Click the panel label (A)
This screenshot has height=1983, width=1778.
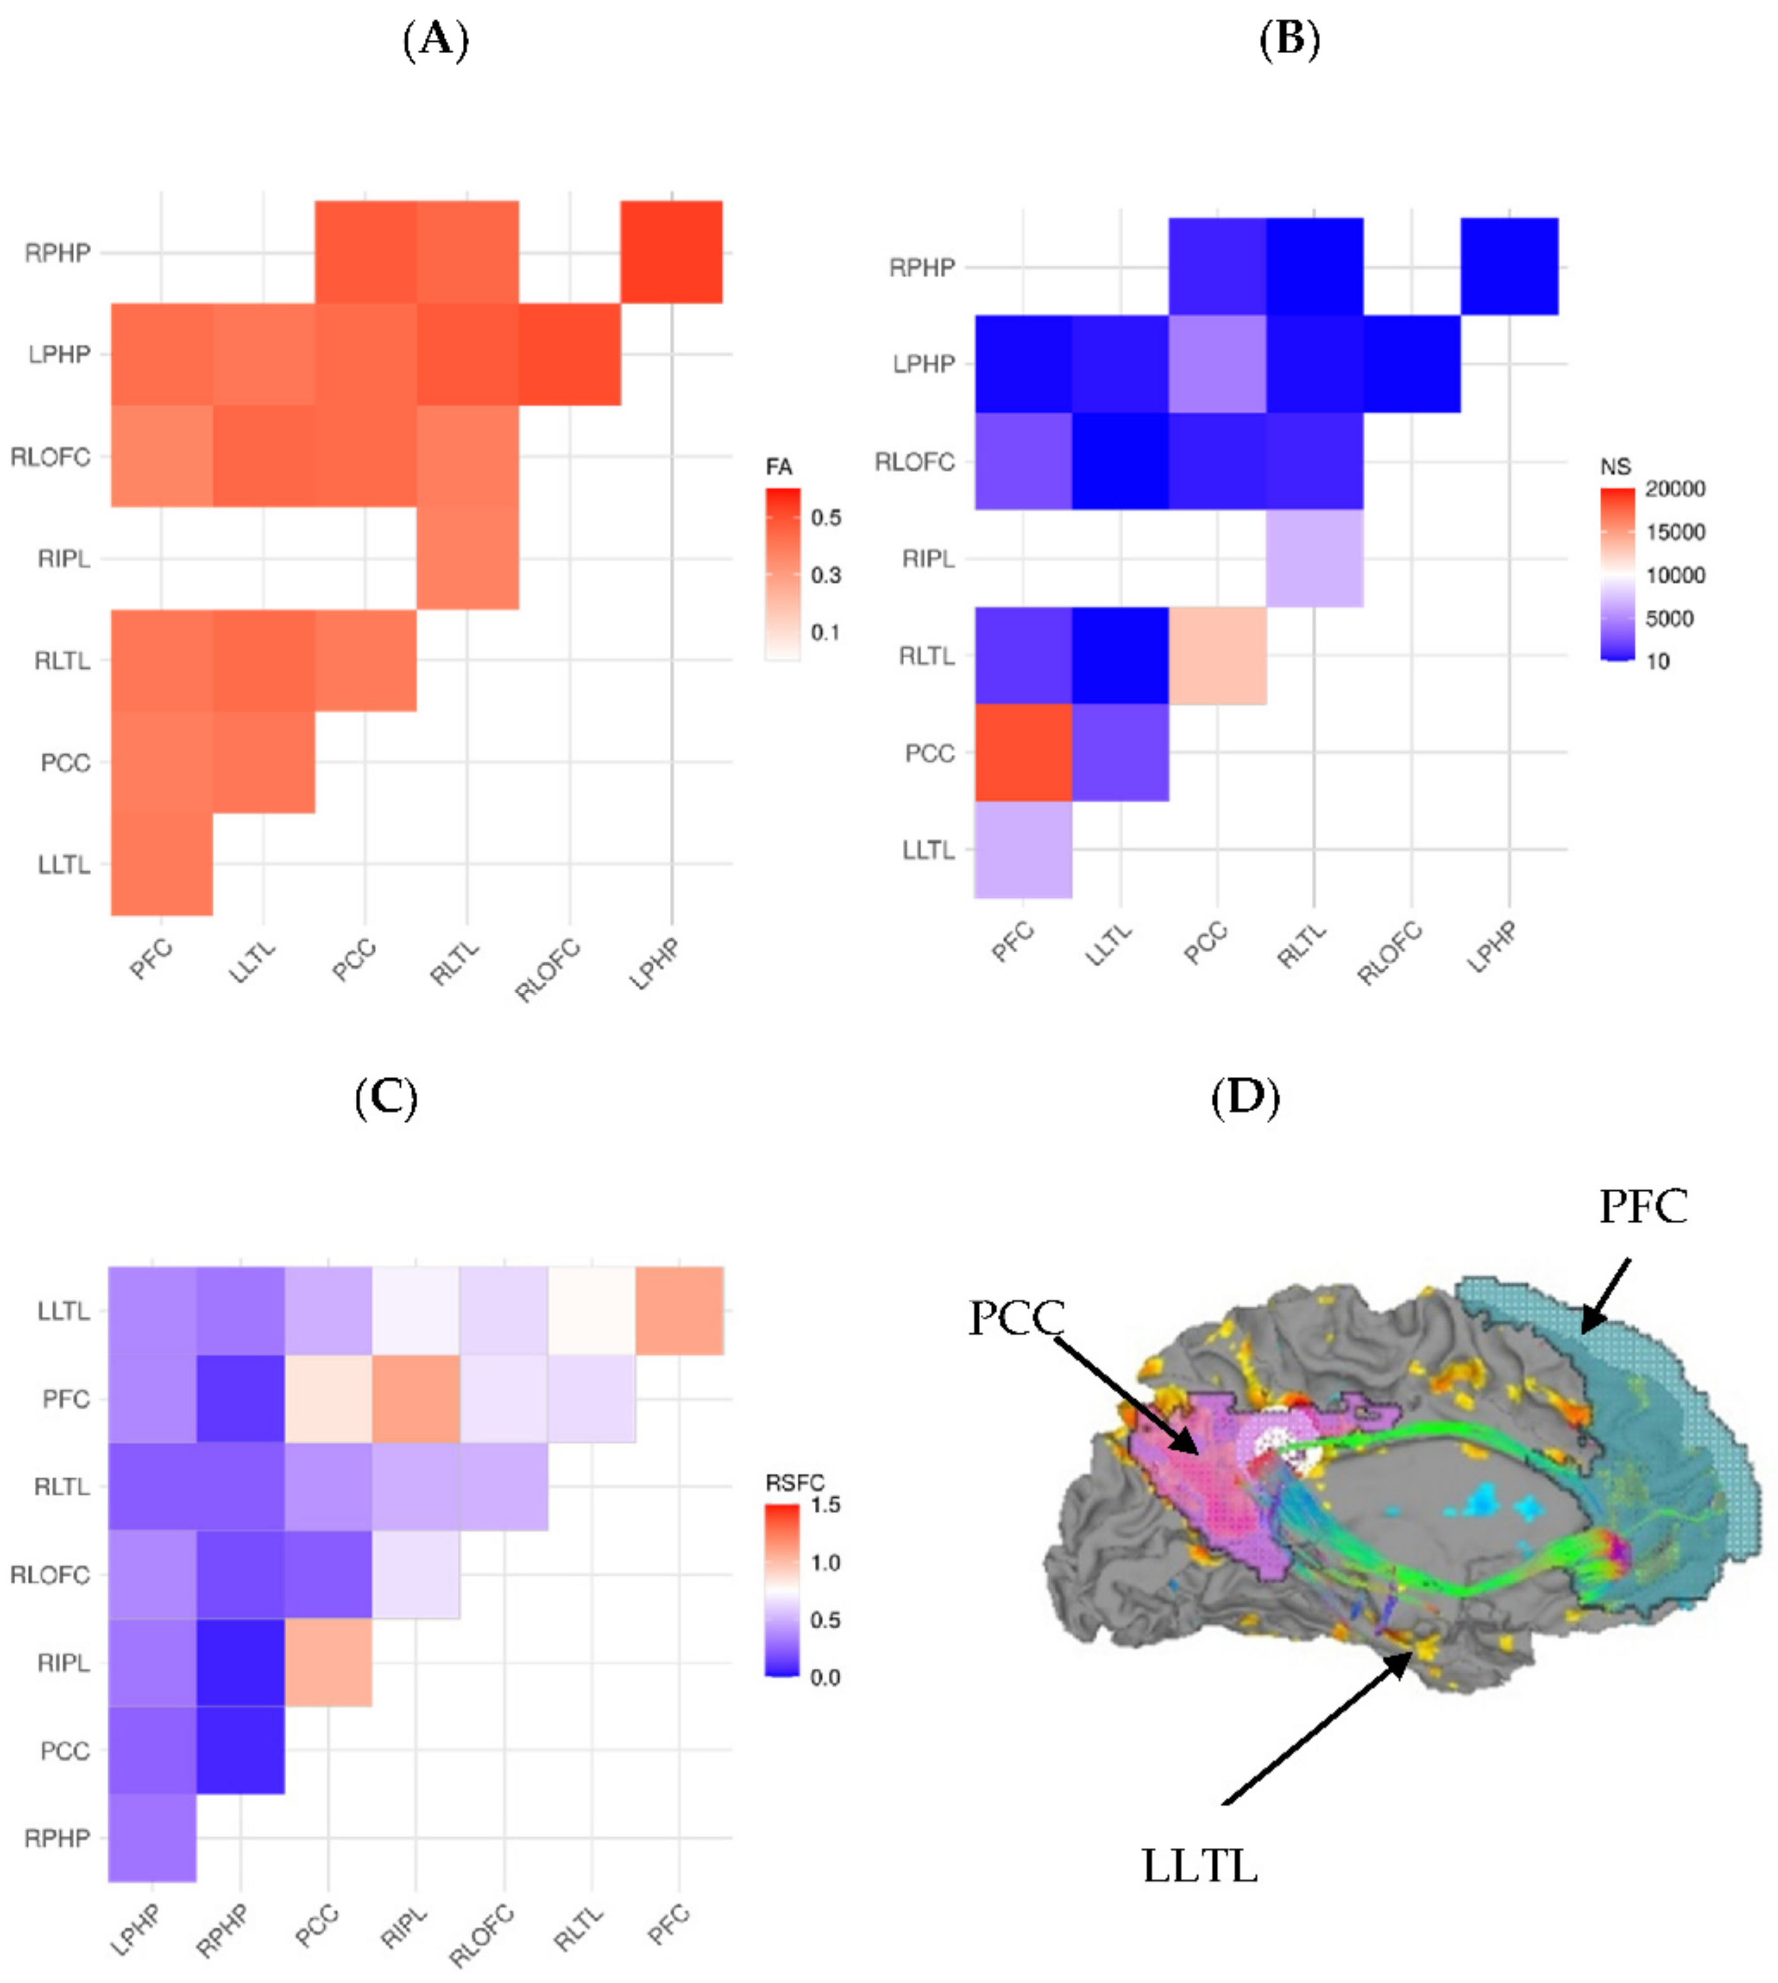pyautogui.click(x=436, y=40)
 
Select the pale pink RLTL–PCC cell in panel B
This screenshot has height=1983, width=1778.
pyautogui.click(x=1217, y=655)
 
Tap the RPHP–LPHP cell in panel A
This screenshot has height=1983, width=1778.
pyautogui.click(x=671, y=252)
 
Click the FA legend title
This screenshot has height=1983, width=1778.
pyautogui.click(x=779, y=467)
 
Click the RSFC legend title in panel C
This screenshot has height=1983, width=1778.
pyautogui.click(x=794, y=1483)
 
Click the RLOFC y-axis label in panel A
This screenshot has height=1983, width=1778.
pyautogui.click(x=51, y=457)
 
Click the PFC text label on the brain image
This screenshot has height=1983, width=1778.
pyautogui.click(x=1643, y=1207)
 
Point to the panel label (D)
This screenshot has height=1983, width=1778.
pyautogui.click(x=1245, y=1097)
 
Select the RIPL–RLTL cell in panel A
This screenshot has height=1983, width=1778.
pyautogui.click(x=467, y=558)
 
